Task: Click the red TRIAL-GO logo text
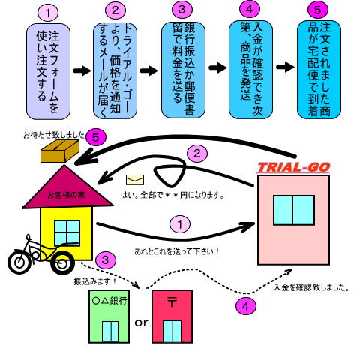pos(293,167)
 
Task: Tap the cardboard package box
pos(60,151)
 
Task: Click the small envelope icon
pos(135,180)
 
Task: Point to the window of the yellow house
pos(67,232)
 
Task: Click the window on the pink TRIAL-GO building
pos(294,210)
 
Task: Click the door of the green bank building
pos(110,331)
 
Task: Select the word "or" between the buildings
pos(141,322)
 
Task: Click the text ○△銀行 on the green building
pos(109,300)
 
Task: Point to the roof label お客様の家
pos(66,195)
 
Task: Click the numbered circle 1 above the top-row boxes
pos(48,13)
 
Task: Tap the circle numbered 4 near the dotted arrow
pos(246,306)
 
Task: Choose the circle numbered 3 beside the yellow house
pos(105,260)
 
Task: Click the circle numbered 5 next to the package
pos(96,137)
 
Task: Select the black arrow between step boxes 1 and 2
pos(82,70)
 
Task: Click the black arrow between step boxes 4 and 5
pos(285,67)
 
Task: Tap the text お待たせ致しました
pos(54,135)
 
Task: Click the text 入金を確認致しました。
pos(311,287)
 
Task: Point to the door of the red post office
pos(172,331)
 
